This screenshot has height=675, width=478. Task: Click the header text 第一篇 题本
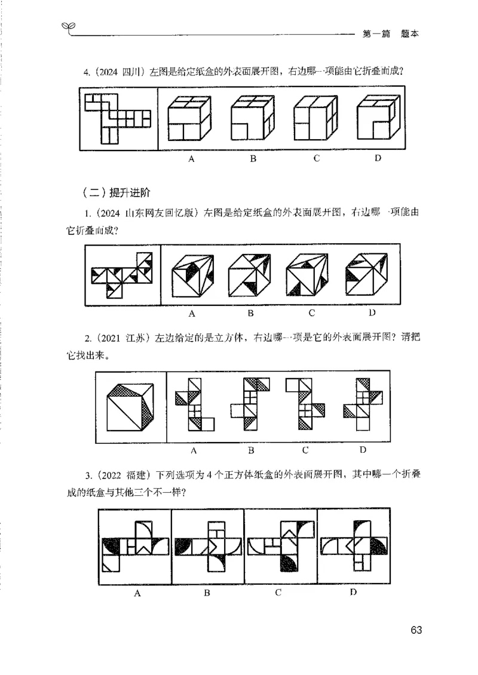[x=390, y=34]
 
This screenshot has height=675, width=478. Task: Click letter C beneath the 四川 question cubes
[x=316, y=158]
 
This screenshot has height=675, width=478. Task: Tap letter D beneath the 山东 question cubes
[x=372, y=312]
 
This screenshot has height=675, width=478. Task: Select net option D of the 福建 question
[x=353, y=545]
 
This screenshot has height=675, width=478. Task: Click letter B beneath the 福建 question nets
[x=207, y=593]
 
